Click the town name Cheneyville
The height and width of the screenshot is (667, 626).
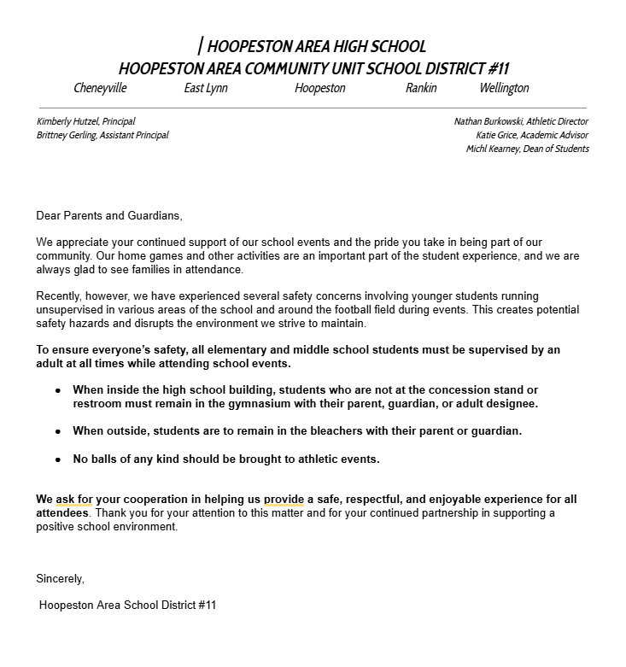101,88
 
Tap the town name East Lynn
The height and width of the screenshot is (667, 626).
206,88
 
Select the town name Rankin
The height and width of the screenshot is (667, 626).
421,88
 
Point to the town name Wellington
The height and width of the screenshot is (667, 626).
504,88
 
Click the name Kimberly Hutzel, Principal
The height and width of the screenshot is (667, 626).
85,121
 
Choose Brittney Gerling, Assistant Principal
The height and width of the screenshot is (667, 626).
102,135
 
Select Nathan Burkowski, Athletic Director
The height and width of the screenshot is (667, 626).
521,121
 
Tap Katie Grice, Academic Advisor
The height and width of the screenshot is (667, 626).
532,135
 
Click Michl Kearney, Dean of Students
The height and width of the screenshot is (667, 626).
527,149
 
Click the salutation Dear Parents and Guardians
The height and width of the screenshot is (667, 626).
109,216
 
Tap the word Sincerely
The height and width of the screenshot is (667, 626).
60,578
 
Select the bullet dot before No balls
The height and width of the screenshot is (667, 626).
58,459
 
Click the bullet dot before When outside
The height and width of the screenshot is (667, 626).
58,431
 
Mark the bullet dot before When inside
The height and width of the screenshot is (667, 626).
58,390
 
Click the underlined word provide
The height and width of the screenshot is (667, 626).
284,499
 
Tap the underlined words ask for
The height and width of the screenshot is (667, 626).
74,499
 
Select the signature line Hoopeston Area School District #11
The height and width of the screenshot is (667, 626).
128,606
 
